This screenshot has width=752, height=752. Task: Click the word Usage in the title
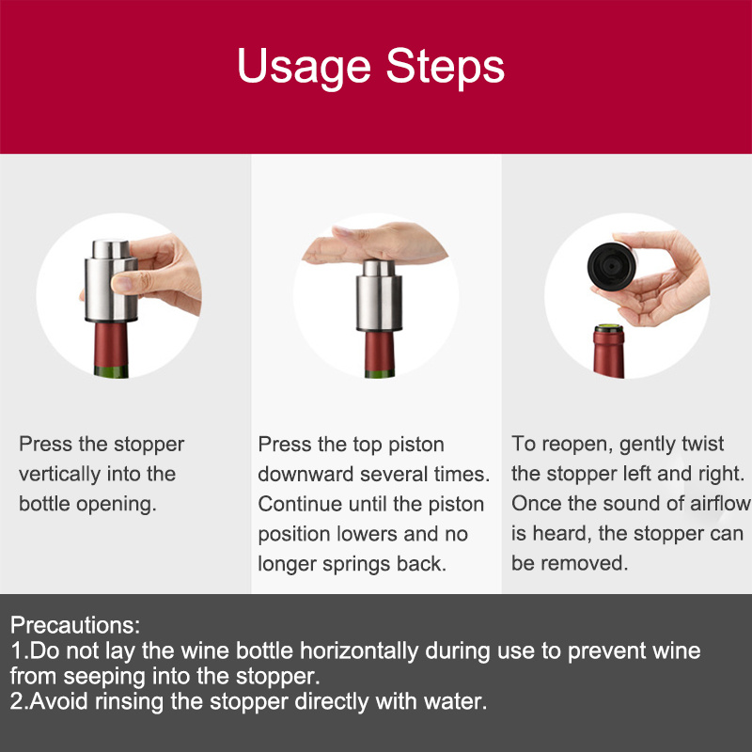tap(304, 67)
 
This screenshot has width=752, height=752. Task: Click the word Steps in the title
tap(446, 67)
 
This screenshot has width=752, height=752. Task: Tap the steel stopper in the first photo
tap(111, 281)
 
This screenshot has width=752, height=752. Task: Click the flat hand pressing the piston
tap(375, 243)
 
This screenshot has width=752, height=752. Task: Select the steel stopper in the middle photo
tap(379, 296)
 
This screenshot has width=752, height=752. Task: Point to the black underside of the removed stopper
tap(610, 267)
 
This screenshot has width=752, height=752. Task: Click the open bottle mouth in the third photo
tap(609, 329)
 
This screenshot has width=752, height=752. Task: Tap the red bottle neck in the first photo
tap(111, 344)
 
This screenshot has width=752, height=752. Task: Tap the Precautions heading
tap(75, 625)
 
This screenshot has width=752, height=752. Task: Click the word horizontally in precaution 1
tap(359, 651)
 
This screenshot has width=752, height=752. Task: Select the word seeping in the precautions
tap(104, 677)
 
